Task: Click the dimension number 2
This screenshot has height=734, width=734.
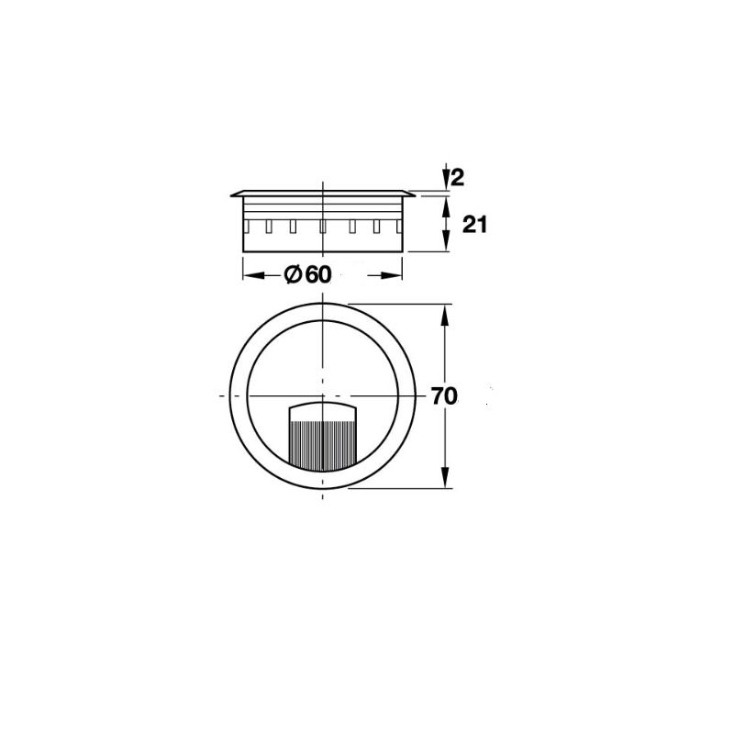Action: (458, 178)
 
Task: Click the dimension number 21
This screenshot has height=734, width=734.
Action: (474, 225)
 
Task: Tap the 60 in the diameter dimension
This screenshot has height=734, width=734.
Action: (318, 274)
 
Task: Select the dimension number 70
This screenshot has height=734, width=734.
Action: (444, 396)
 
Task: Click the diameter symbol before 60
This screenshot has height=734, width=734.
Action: (292, 274)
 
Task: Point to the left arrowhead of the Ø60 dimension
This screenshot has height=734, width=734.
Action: (252, 275)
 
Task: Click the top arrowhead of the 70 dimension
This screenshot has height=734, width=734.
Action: (446, 316)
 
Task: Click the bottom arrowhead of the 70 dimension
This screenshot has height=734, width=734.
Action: (446, 477)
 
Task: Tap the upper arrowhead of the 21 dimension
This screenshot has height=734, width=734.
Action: (446, 205)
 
